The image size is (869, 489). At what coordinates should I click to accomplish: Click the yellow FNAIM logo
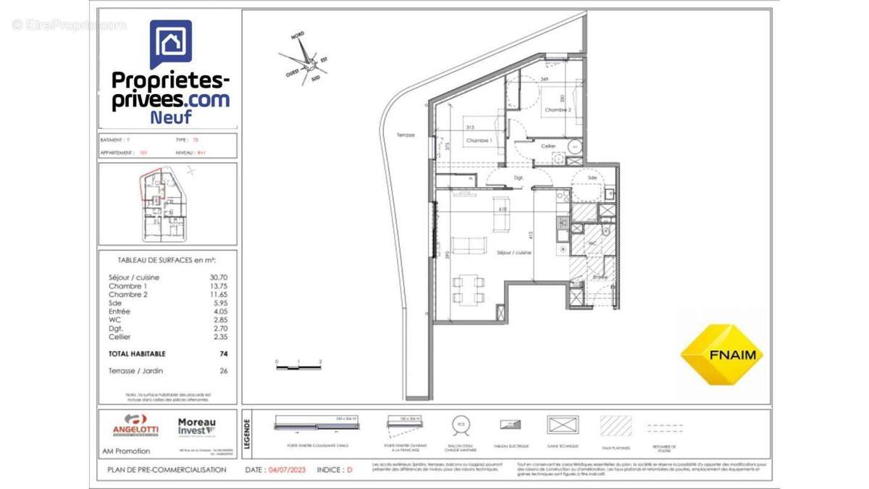(x=722, y=354)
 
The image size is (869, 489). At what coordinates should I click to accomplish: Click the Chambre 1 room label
(x=479, y=141)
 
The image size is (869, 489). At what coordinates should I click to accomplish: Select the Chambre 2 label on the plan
(x=558, y=110)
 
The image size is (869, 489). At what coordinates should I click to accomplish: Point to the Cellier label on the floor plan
(x=548, y=146)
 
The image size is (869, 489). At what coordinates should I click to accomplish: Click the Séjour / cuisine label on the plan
(x=513, y=252)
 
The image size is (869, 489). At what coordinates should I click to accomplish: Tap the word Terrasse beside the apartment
(x=406, y=135)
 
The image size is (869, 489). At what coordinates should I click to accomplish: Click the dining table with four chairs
(x=468, y=288)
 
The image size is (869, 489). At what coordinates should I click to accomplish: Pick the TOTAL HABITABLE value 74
(x=224, y=354)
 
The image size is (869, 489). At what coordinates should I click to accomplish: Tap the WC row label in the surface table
(x=114, y=319)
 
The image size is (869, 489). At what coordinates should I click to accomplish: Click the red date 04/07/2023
(x=287, y=469)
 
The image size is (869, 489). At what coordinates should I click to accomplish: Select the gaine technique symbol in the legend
(x=563, y=425)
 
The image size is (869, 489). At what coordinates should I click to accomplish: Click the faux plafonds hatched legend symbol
(x=616, y=426)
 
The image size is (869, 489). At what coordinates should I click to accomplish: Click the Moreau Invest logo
(x=196, y=427)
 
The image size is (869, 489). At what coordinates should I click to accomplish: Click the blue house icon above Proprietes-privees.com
(x=171, y=43)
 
